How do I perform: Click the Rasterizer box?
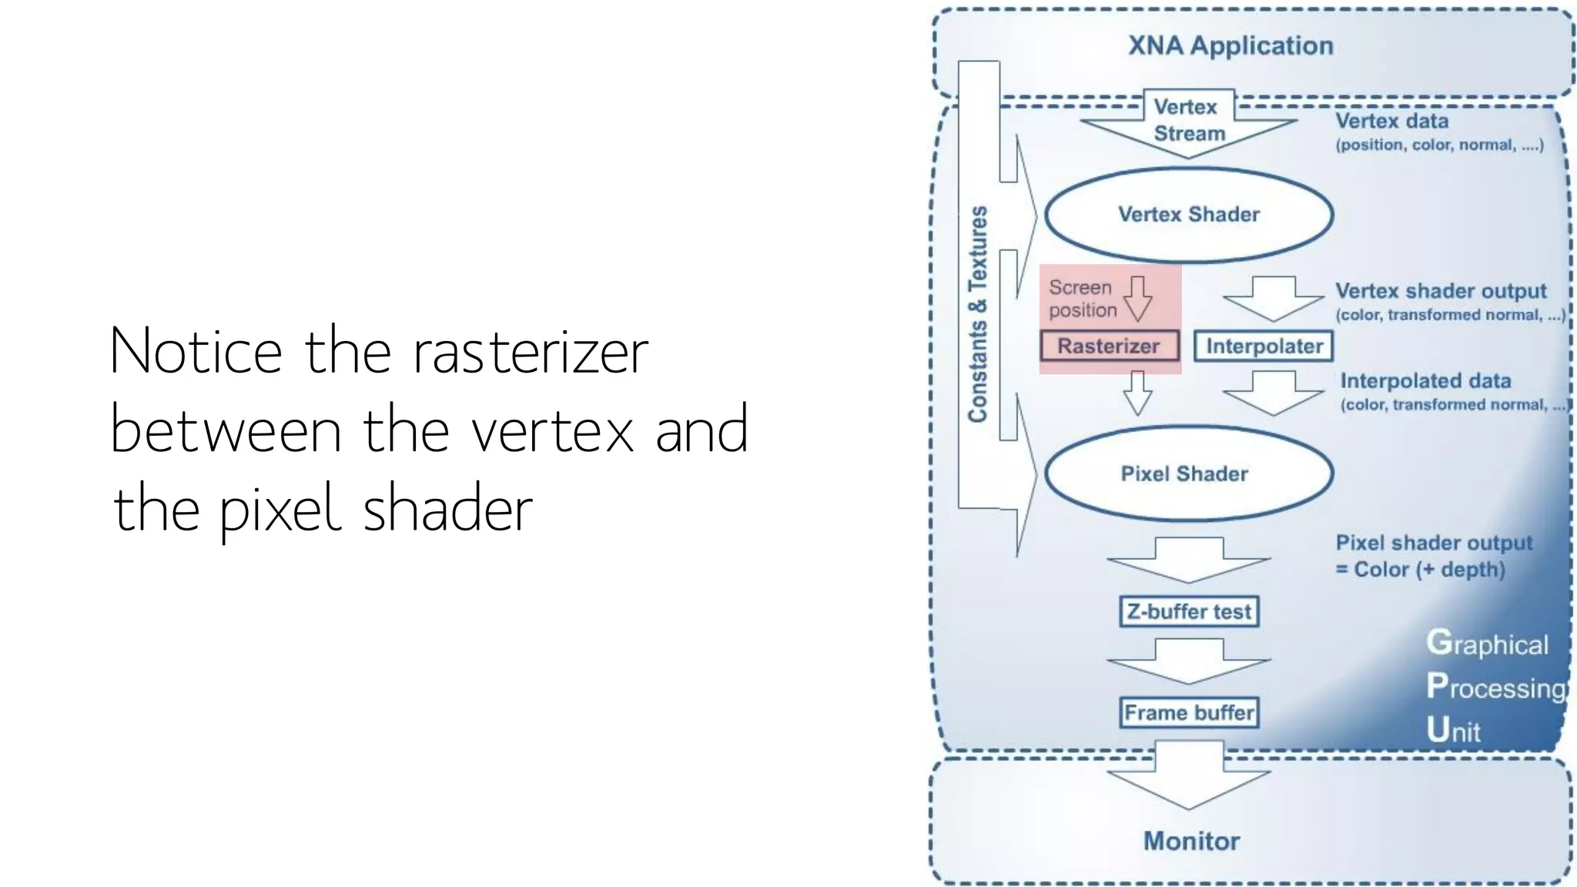coord(1109,346)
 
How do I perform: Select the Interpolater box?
coord(1263,346)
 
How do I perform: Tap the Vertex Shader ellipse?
coord(1188,214)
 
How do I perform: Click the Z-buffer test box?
coord(1189,611)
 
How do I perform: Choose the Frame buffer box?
coord(1189,712)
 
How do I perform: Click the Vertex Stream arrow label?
coord(1188,121)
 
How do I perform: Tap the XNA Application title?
coord(1230,45)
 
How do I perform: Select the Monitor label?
coord(1191,841)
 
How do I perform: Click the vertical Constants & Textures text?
coord(978,314)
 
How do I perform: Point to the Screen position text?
coord(1082,299)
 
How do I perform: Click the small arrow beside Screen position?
coord(1137,299)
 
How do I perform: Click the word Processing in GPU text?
coord(1496,686)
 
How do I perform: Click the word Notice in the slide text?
coord(196,351)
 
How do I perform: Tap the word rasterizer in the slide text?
coord(531,351)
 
